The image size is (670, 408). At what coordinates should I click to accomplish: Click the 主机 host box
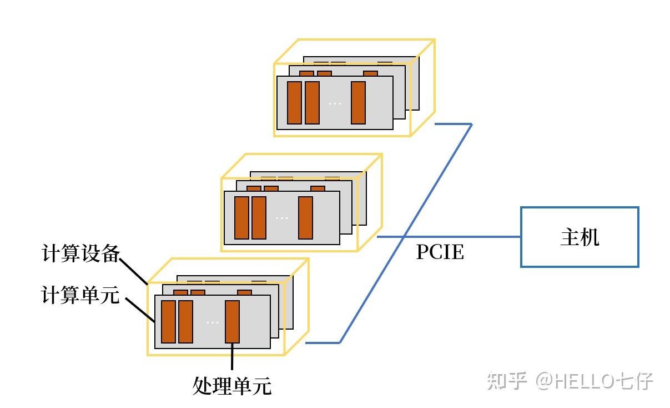(x=579, y=237)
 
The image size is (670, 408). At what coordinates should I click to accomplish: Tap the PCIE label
(x=440, y=253)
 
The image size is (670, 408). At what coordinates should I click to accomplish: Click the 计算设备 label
(x=80, y=255)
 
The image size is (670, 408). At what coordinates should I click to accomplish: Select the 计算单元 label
(x=80, y=295)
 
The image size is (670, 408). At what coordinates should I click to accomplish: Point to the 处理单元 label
(x=232, y=385)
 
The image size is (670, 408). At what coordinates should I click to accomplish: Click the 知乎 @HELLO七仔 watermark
(x=570, y=381)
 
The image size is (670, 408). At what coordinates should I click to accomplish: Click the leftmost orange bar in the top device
(x=294, y=103)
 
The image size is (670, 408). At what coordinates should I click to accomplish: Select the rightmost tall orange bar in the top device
(x=358, y=103)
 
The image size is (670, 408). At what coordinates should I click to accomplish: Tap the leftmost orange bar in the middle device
(x=241, y=217)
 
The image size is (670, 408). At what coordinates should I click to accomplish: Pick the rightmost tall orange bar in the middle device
(x=305, y=217)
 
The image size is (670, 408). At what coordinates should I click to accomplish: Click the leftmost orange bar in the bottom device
(x=168, y=322)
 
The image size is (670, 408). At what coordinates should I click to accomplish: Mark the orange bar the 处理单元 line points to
(x=232, y=322)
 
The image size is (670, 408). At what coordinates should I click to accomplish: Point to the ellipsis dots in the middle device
(x=282, y=218)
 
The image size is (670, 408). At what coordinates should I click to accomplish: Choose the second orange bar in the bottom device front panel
(x=185, y=322)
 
